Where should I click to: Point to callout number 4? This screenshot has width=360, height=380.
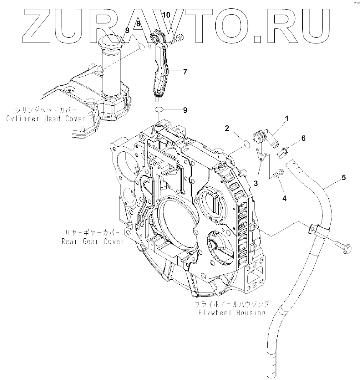[x=284, y=198]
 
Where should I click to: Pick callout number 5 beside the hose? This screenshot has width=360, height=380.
[x=343, y=178]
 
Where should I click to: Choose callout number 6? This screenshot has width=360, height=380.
[x=303, y=138]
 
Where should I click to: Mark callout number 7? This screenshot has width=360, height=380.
[x=184, y=71]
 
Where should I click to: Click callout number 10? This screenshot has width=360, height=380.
[x=166, y=15]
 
